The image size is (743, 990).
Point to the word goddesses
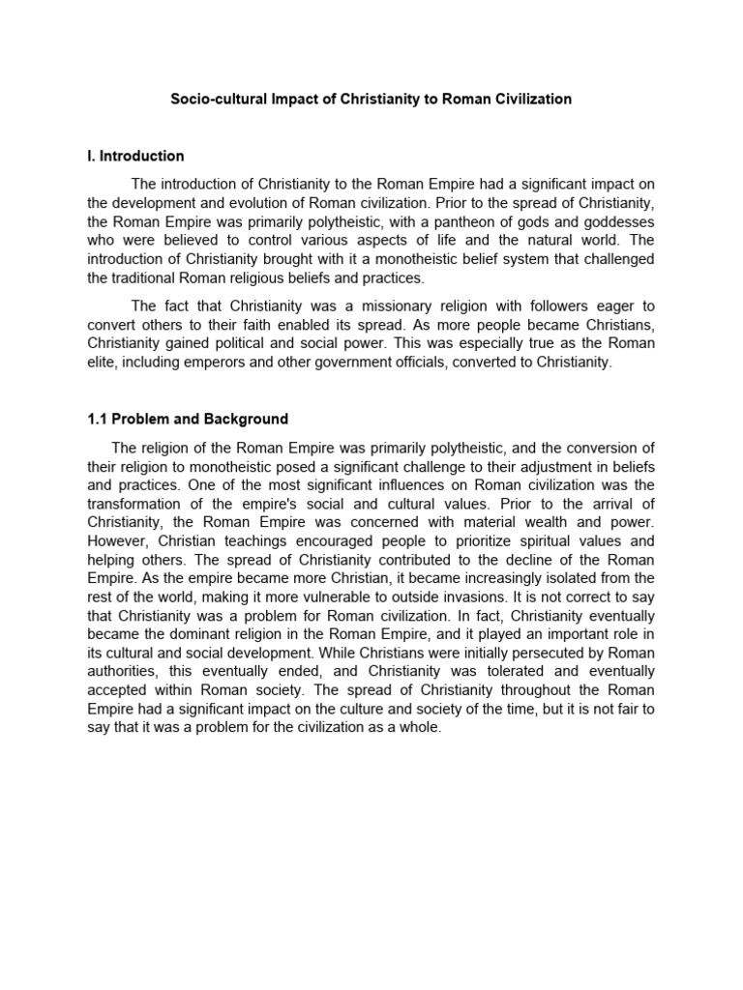tap(615, 220)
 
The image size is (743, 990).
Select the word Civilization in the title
tap(529, 100)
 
